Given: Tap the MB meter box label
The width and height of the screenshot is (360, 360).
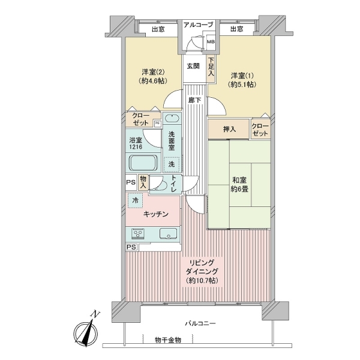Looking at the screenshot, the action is point(211,42).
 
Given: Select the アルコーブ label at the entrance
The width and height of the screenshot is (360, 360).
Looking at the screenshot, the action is point(198,25).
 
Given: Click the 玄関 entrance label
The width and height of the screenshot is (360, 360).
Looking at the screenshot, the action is point(193,66).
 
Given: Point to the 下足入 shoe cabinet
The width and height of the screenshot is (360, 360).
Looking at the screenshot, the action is point(211,67).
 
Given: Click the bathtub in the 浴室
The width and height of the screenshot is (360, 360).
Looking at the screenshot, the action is point(143,163).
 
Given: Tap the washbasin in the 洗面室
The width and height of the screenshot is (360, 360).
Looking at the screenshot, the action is point(172,119).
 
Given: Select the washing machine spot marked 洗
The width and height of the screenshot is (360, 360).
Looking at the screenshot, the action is point(172,164).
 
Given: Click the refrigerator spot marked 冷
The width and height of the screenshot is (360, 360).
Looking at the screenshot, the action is point(135,200).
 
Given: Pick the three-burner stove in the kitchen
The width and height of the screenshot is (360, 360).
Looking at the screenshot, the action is point(138,234).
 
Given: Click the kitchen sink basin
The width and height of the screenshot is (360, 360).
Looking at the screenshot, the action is point(168,234).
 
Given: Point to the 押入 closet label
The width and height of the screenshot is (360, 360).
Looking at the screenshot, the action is point(229,129).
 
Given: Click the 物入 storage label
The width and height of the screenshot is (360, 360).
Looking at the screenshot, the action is point(143,182).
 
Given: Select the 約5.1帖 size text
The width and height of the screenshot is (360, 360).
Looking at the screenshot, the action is point(242,85).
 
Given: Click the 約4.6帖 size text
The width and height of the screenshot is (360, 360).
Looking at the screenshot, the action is point(152,81).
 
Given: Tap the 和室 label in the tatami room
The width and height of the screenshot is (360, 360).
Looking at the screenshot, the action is point(239,180).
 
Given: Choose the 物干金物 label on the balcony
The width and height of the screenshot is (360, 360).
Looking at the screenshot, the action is point(168,340).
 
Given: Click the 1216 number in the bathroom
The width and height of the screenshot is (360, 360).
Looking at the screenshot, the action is point(136,147).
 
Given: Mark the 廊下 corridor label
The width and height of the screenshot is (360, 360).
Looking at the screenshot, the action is point(194,100).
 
